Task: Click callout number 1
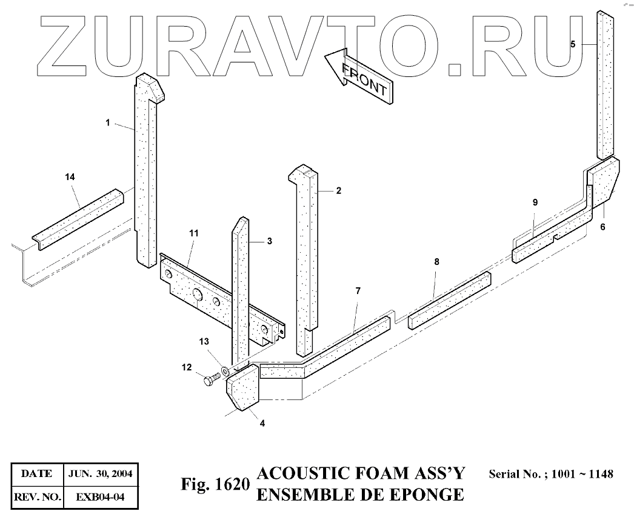[107, 123]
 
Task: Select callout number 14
[70, 177]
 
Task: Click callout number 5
[573, 44]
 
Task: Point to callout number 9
[535, 203]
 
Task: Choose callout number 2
[338, 191]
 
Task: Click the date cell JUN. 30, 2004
[99, 473]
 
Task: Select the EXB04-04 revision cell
[99, 498]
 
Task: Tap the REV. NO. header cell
[37, 498]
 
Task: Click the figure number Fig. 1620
[215, 485]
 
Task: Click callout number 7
[358, 291]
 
